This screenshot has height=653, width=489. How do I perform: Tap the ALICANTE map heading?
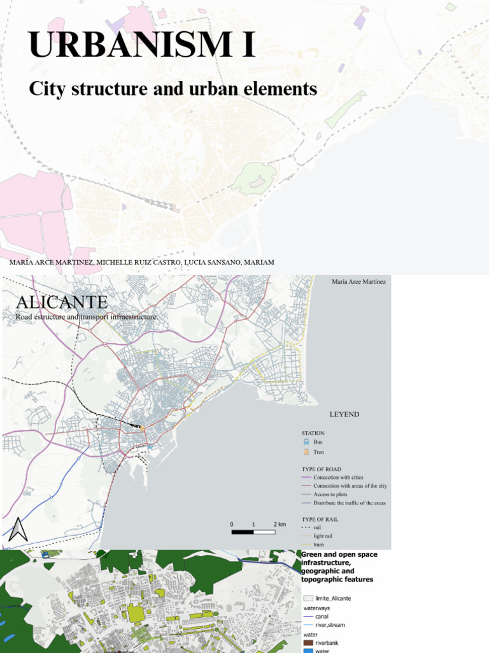(62, 301)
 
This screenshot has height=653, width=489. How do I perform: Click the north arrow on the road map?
(18, 529)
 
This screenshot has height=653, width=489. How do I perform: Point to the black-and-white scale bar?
(253, 531)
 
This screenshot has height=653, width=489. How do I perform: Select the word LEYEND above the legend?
(344, 415)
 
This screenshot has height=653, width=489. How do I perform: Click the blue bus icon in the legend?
(306, 441)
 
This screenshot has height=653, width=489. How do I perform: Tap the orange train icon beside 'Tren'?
(306, 452)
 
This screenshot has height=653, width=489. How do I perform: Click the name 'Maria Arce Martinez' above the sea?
(358, 281)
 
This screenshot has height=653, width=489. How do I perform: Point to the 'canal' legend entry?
(322, 616)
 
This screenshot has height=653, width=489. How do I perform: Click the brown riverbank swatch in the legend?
(308, 642)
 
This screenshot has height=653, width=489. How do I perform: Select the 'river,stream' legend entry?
(329, 625)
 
